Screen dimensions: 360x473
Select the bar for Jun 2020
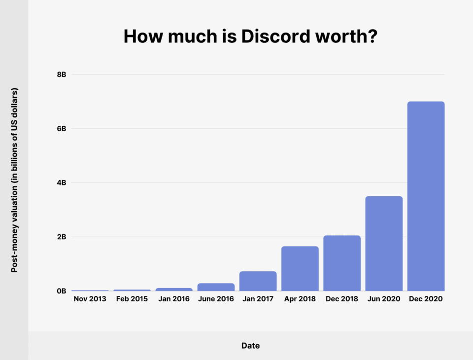point(384,244)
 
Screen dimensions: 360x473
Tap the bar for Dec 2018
point(342,263)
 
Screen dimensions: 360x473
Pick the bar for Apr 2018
point(300,269)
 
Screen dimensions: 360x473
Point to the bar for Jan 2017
point(258,281)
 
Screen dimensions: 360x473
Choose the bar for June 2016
point(216,287)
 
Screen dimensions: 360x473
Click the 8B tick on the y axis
point(62,74)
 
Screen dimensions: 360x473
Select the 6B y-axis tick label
point(62,129)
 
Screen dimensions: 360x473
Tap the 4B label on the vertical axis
point(62,183)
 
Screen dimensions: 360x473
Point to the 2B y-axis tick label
point(62,237)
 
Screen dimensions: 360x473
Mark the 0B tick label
point(62,291)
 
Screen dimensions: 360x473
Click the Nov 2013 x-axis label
point(90,299)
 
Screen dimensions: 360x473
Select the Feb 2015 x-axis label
point(132,299)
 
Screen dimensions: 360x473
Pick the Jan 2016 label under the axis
point(173,299)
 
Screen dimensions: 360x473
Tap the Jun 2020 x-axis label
point(384,299)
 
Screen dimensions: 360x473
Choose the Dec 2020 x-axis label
point(426,299)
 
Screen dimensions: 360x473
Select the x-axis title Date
point(250,346)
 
